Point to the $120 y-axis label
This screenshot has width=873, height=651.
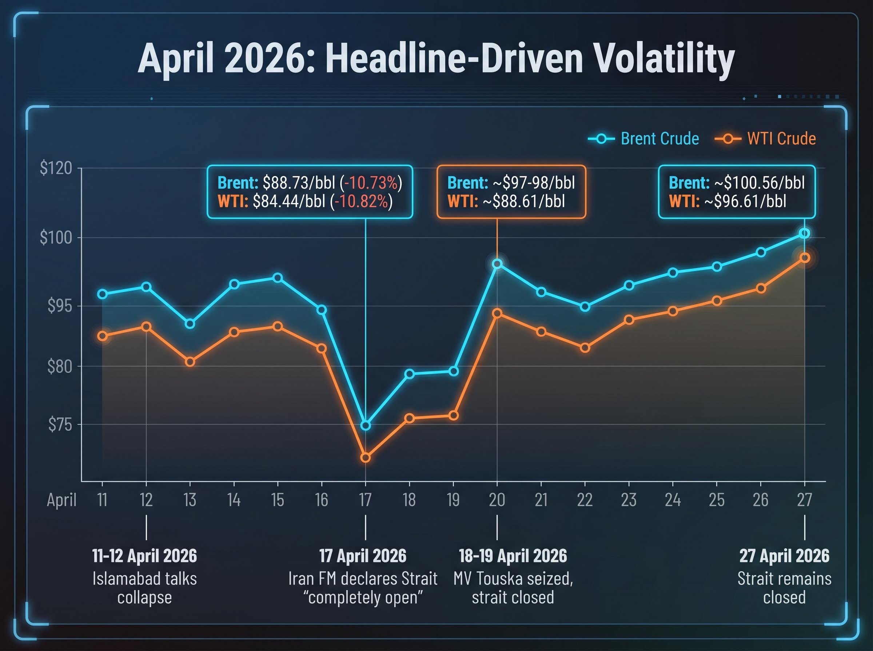[x=56, y=168]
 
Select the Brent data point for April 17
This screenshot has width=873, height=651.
[x=366, y=426]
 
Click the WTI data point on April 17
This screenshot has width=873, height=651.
[x=366, y=457]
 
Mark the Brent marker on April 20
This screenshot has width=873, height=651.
[x=497, y=264]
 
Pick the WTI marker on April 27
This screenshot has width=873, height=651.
[x=805, y=258]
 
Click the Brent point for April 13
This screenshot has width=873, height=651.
[x=190, y=324]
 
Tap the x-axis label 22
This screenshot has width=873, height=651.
[x=585, y=500]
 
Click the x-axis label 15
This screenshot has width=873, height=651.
[x=277, y=500]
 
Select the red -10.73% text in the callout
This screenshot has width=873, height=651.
[x=371, y=183]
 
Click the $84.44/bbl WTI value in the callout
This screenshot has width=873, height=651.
[x=289, y=201]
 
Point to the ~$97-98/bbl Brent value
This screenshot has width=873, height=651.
[x=533, y=183]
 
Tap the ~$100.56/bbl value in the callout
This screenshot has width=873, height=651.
[x=760, y=183]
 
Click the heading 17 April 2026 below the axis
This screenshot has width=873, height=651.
[x=363, y=556]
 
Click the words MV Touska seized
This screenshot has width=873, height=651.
[x=513, y=579]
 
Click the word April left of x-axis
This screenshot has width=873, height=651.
[x=61, y=500]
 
